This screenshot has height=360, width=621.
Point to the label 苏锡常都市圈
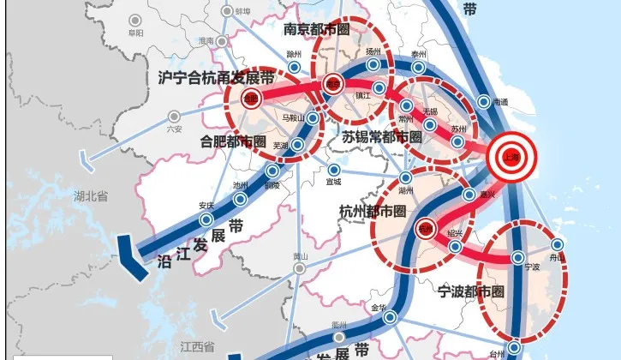tap(381, 137)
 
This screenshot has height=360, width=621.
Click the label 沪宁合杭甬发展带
tap(217, 78)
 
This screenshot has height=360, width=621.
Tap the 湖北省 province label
tap(91, 196)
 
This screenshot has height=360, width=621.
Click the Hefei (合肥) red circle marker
tap(251, 98)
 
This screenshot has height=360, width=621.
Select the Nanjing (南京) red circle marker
tap(333, 84)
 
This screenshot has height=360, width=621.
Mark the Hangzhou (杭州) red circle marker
tap(425, 230)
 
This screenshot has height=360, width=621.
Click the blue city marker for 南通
tap(483, 102)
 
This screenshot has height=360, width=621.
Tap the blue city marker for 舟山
tap(557, 244)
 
